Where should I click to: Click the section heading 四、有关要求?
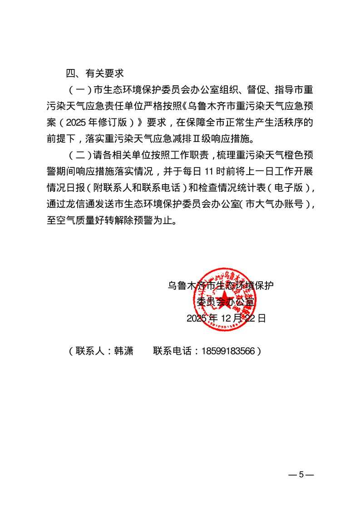pyautogui.click(x=94, y=73)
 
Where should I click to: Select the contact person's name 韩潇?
pyautogui.click(x=123, y=351)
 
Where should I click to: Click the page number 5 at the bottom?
pyautogui.click(x=301, y=475)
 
